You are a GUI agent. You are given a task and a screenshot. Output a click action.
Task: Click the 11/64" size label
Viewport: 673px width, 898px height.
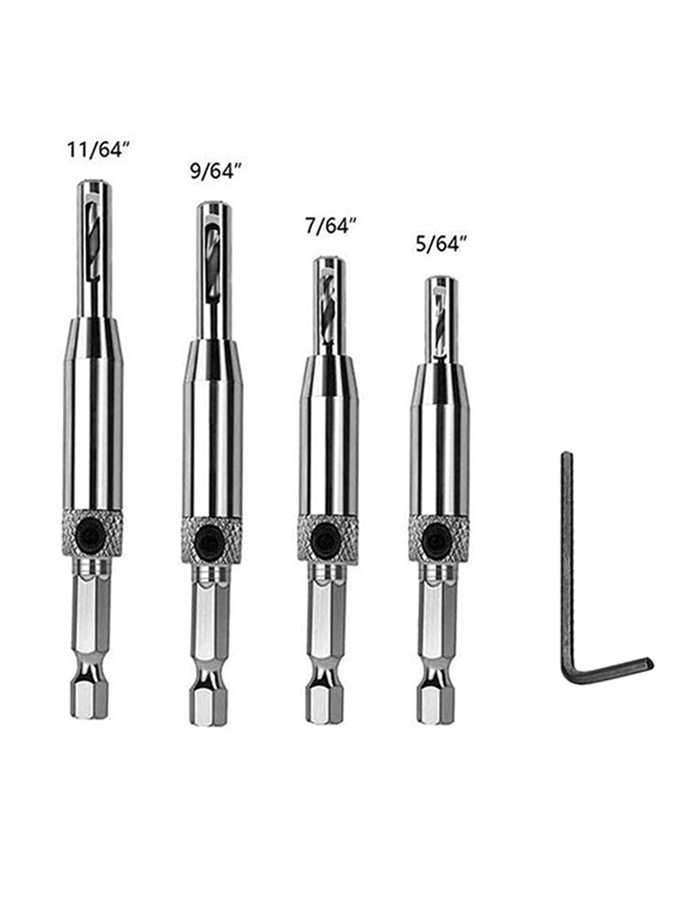pyautogui.click(x=96, y=151)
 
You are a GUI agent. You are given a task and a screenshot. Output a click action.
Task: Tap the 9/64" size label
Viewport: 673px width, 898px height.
pyautogui.click(x=212, y=171)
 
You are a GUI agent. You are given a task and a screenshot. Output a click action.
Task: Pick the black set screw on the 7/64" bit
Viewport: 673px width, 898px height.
pyautogui.click(x=327, y=539)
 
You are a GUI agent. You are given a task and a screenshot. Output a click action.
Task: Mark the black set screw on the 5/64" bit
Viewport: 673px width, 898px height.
pyautogui.click(x=439, y=539)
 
